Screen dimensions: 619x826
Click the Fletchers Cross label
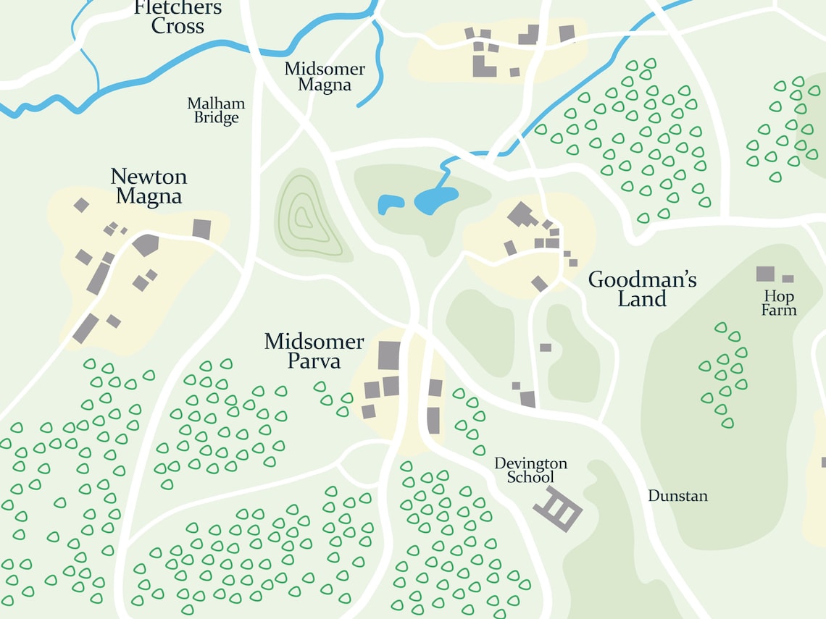(178, 17)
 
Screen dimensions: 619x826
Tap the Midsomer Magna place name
(325, 77)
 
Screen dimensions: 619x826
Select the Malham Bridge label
(216, 111)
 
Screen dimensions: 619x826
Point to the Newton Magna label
(149, 187)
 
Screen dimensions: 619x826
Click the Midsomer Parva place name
(314, 351)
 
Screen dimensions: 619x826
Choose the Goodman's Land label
(642, 289)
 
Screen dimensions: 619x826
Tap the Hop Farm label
(779, 303)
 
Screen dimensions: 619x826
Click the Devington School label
(530, 470)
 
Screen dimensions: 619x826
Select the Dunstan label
(677, 496)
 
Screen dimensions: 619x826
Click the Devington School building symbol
(558, 509)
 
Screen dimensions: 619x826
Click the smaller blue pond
(390, 204)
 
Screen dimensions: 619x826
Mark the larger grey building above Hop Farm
(765, 274)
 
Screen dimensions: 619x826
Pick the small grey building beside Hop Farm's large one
(788, 279)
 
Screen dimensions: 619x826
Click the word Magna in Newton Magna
(149, 196)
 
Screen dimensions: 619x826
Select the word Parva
(314, 361)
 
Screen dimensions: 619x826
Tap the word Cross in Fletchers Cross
(178, 27)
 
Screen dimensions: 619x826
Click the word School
(530, 477)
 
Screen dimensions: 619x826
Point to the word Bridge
(216, 118)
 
